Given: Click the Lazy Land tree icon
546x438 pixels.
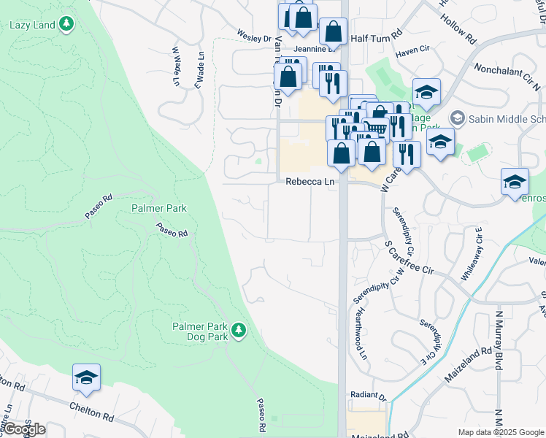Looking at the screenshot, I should click(66, 24).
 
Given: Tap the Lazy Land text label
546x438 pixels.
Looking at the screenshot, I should click(32, 25).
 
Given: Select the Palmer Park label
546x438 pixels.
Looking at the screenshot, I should click(159, 208).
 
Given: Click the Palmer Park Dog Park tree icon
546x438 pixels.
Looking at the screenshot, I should click(238, 331).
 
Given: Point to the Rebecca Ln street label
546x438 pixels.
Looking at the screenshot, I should click(310, 181).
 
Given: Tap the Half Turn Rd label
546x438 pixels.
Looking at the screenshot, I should click(377, 35).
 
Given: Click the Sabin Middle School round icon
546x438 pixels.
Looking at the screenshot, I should click(458, 118).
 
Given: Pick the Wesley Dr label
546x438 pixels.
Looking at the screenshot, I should click(253, 35).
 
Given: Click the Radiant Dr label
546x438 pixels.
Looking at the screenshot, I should click(366, 396).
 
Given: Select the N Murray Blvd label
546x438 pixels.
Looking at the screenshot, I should click(500, 340).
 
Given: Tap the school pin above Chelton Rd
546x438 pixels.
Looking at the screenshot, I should click(86, 378).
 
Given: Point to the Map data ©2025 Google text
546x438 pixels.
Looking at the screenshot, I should click(500, 432).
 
